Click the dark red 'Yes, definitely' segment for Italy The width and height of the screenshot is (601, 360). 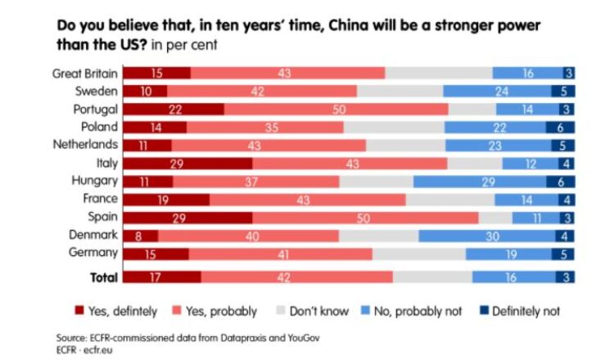pyautogui.click(x=188, y=163)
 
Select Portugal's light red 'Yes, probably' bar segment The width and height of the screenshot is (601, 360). pyautogui.click(x=336, y=109)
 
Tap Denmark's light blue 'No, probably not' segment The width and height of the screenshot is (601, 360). pyautogui.click(x=490, y=235)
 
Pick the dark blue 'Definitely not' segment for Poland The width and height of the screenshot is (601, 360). pyautogui.click(x=560, y=127)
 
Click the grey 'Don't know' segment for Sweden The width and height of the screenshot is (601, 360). pyautogui.click(x=400, y=91)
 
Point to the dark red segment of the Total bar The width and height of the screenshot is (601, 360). pyautogui.click(x=162, y=277)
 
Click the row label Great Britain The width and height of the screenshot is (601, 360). pyautogui.click(x=85, y=73)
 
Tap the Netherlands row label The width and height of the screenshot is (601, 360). pyautogui.click(x=88, y=145)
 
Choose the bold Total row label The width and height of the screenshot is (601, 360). pyautogui.click(x=103, y=277)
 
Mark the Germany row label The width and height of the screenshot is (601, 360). pyautogui.click(x=96, y=253)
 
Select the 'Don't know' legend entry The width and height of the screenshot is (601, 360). pyautogui.click(x=314, y=311)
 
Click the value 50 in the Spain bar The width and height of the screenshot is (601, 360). pyautogui.click(x=365, y=217)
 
